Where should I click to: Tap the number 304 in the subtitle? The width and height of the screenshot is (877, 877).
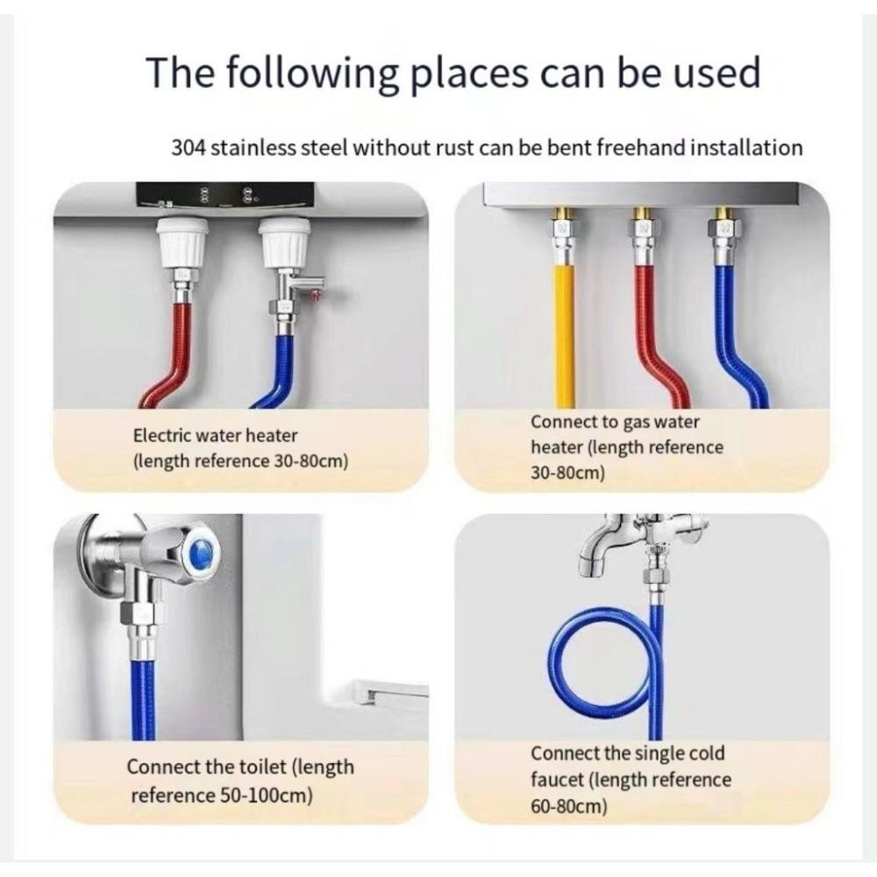[x=189, y=147]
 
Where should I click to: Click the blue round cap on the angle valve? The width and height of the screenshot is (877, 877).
[x=201, y=553]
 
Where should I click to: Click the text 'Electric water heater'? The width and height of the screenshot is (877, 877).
[x=215, y=435]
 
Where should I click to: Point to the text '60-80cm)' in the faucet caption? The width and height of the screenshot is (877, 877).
[x=568, y=805]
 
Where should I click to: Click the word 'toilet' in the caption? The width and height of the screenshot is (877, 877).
[x=258, y=766]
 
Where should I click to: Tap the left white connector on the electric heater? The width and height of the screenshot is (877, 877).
[x=182, y=241]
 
